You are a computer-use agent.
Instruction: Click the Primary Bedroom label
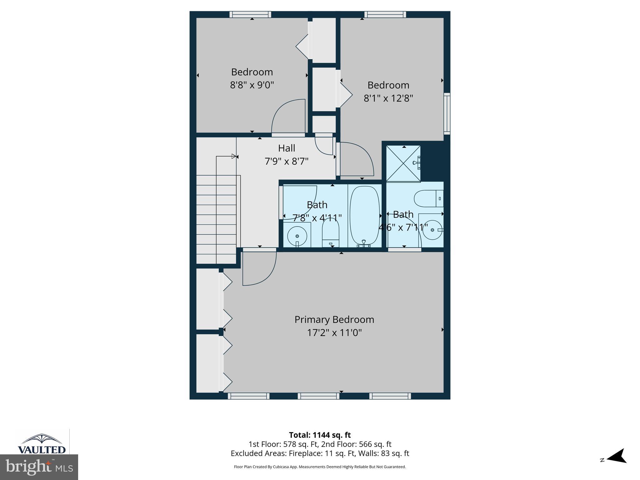(334, 319)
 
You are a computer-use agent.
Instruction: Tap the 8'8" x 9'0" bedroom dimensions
(252, 85)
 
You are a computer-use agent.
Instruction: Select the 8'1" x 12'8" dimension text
(388, 98)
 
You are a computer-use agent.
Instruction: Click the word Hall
(287, 148)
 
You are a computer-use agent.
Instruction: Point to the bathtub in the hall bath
(364, 216)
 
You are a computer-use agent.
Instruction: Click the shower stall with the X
(403, 163)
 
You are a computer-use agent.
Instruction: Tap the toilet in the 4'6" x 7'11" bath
(428, 198)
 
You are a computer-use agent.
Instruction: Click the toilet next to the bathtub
(331, 231)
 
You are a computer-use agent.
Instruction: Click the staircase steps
(216, 219)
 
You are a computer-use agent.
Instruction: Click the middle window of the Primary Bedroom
(318, 396)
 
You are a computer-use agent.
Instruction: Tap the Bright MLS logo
(39, 467)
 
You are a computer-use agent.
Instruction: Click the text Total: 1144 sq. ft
(320, 435)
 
